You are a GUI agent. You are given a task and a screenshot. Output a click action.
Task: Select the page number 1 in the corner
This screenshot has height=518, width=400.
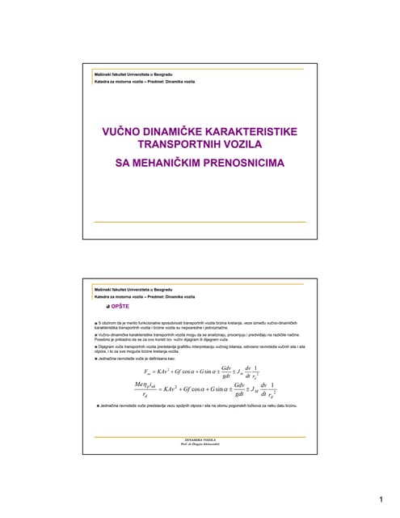379,499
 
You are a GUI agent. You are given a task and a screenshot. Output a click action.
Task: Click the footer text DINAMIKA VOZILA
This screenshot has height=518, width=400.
200,439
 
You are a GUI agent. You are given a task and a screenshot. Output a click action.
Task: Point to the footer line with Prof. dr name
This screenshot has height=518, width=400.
200,444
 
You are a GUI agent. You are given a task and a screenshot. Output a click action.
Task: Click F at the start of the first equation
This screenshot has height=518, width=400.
146,372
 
